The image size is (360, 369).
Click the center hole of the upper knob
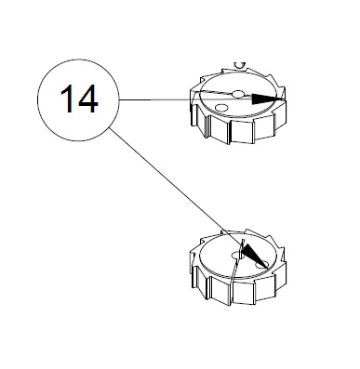[239, 94]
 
